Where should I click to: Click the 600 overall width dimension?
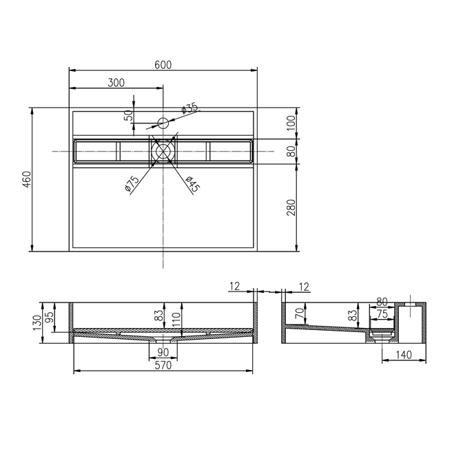click(163, 65)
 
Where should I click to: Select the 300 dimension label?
click(116, 83)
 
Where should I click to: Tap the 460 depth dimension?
click(27, 179)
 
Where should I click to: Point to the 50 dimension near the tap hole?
click(130, 115)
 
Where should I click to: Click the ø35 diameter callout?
click(189, 108)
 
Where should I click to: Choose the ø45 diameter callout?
click(192, 184)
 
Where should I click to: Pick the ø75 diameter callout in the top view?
click(132, 184)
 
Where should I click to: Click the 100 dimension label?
click(291, 123)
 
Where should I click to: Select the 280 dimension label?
click(291, 207)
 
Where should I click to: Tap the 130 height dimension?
click(37, 323)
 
